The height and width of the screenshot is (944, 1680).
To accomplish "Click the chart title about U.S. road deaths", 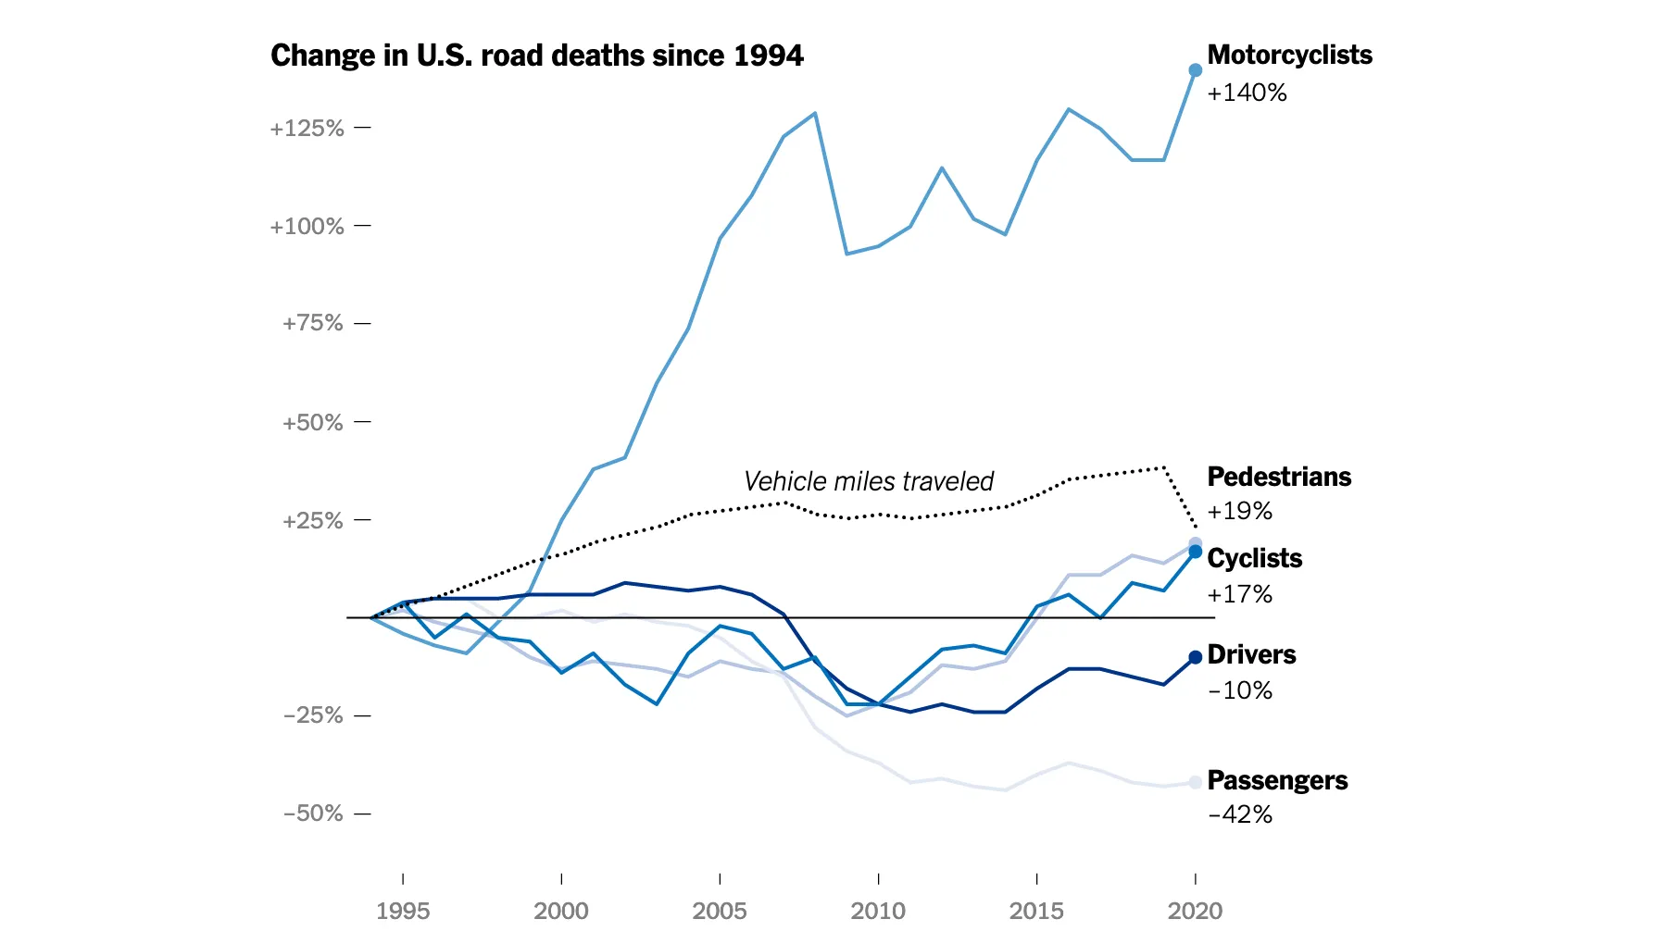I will click(536, 56).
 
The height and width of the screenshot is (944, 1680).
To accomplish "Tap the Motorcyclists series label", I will click(1289, 55).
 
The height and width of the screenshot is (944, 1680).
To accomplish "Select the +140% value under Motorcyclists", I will click(1247, 93).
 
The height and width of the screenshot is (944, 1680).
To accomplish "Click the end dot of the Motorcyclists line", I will click(1195, 70).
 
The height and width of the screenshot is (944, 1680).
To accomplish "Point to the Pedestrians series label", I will click(1279, 477).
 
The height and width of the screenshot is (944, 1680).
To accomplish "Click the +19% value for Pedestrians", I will click(1239, 511).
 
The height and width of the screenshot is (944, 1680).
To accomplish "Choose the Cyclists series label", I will click(1255, 558).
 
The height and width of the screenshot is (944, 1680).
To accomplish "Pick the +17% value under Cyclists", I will click(1239, 594).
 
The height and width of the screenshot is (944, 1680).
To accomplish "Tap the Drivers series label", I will click(1251, 654).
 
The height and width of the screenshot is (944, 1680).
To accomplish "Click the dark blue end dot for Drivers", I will click(1195, 657).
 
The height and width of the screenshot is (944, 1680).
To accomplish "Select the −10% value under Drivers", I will click(1239, 690).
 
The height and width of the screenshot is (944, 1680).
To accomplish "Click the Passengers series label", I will click(1277, 780).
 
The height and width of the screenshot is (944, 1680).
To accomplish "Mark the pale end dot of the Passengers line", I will click(1195, 782).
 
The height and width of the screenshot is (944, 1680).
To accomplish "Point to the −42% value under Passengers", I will click(1239, 814).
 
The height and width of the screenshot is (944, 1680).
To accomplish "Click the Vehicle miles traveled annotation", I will click(868, 481).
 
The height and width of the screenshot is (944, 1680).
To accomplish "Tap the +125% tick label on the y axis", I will click(307, 128).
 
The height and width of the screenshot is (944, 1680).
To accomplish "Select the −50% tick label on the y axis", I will click(313, 814).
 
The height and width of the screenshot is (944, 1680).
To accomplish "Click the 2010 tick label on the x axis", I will click(877, 911).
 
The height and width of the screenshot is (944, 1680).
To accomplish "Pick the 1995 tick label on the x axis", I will click(403, 911).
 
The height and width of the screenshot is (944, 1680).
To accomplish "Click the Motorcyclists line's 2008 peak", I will click(814, 114).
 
